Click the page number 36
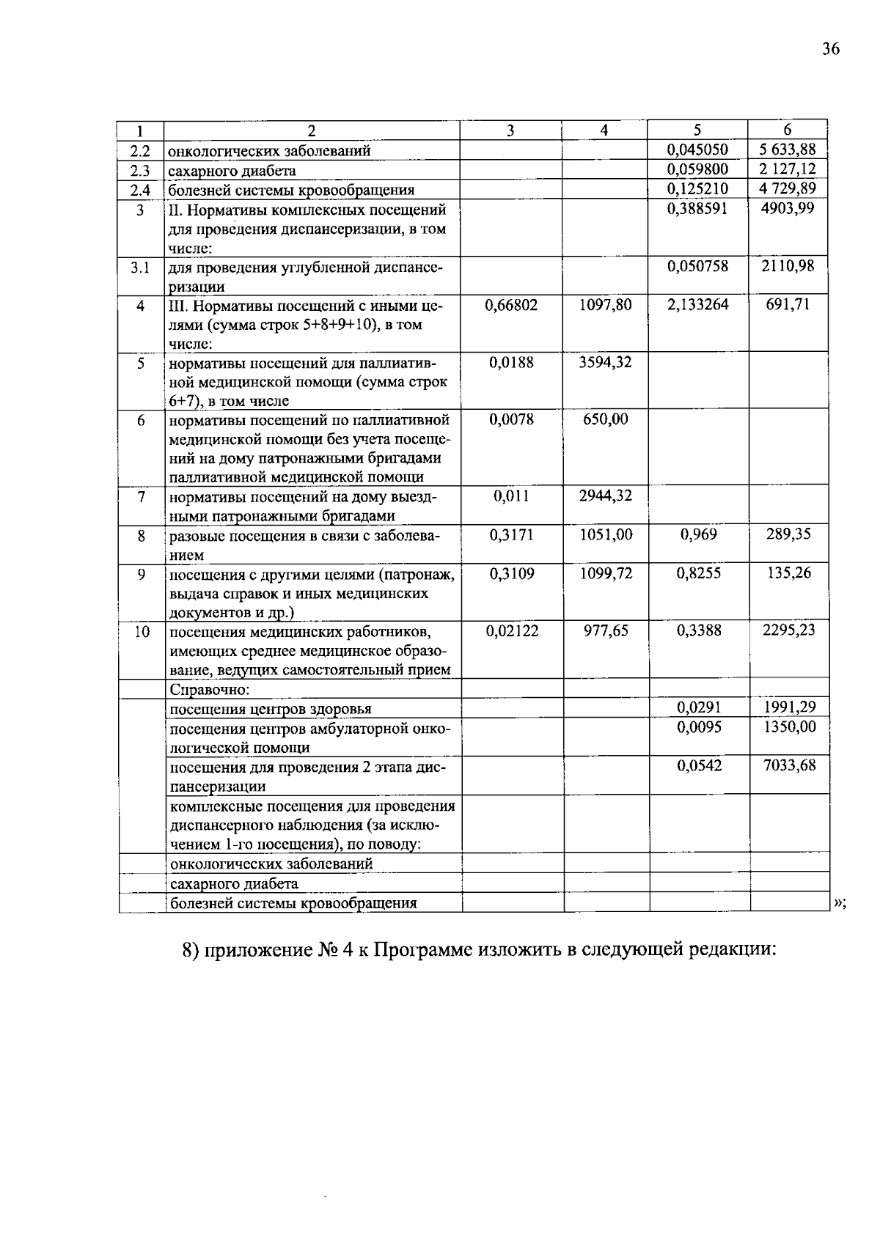click(830, 50)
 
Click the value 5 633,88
click(788, 150)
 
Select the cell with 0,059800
click(697, 169)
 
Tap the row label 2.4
click(140, 189)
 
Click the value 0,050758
click(697, 266)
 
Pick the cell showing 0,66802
click(511, 305)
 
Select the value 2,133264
click(697, 305)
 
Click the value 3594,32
click(605, 362)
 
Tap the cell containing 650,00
click(605, 419)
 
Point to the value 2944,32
click(605, 496)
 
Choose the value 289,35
click(788, 534)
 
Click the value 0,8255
click(698, 573)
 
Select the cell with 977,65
click(606, 630)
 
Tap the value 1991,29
click(788, 707)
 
